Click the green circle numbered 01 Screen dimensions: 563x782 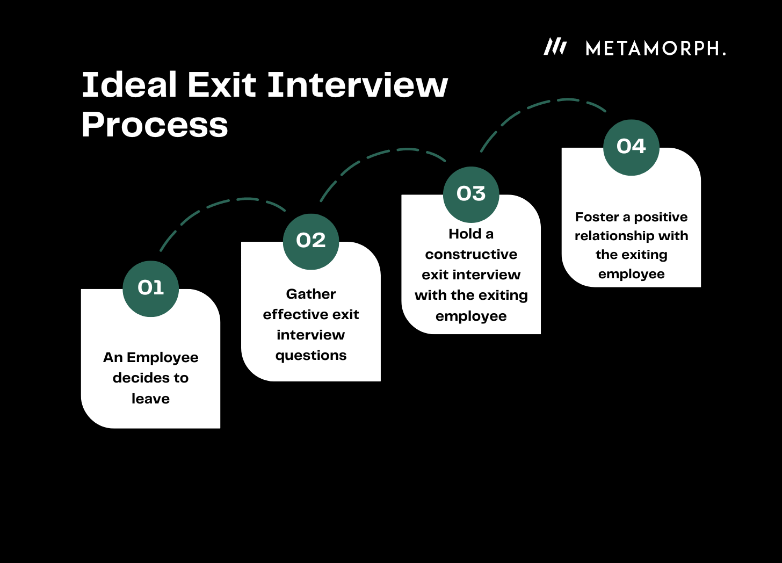[150, 288]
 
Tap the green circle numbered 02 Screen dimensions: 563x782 [311, 241]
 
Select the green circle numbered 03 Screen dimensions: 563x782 [471, 194]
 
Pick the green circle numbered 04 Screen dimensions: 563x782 [631, 147]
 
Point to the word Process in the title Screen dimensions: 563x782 [155, 125]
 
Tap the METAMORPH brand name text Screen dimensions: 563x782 [655, 49]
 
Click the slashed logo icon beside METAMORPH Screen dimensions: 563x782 [555, 47]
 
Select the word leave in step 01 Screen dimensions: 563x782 [150, 399]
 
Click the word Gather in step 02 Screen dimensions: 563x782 [311, 294]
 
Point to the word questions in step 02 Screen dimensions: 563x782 [311, 355]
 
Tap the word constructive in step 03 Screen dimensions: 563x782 [471, 254]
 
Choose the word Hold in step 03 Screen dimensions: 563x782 [465, 234]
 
